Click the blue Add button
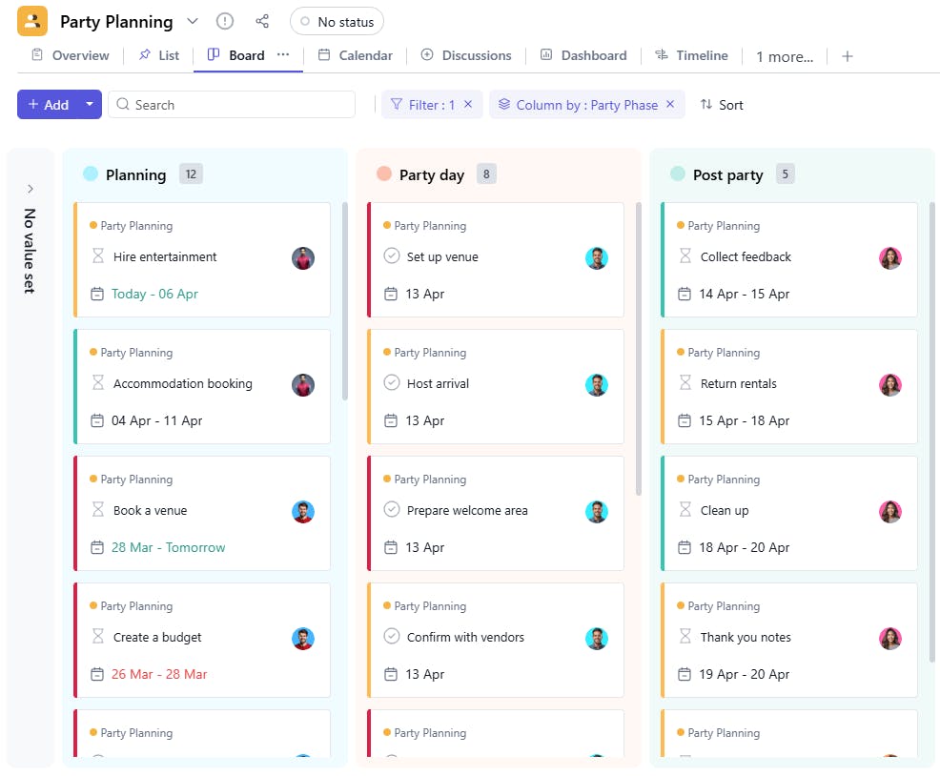pyautogui.click(x=48, y=105)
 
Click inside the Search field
pyautogui.click(x=238, y=105)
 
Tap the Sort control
pyautogui.click(x=722, y=105)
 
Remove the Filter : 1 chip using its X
pyautogui.click(x=468, y=105)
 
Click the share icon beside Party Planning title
pyautogui.click(x=262, y=21)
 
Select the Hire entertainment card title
pyautogui.click(x=165, y=256)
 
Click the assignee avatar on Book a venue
pyautogui.click(x=303, y=512)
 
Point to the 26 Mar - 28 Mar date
pyautogui.click(x=159, y=674)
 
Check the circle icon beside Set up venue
pyautogui.click(x=391, y=256)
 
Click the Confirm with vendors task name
pyautogui.click(x=465, y=637)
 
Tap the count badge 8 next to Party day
pyautogui.click(x=486, y=174)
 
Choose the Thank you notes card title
pyautogui.click(x=746, y=637)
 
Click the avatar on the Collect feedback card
pyautogui.click(x=890, y=258)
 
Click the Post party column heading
pyautogui.click(x=727, y=174)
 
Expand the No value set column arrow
pyautogui.click(x=31, y=189)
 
